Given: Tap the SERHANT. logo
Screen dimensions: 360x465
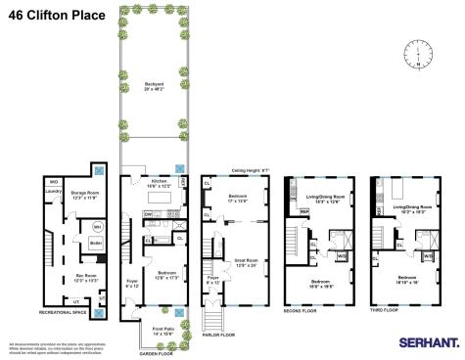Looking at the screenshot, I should point(427,343).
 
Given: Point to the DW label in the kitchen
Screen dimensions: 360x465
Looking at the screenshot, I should point(147,214).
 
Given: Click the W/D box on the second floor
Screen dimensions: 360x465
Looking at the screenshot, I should point(344,256).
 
